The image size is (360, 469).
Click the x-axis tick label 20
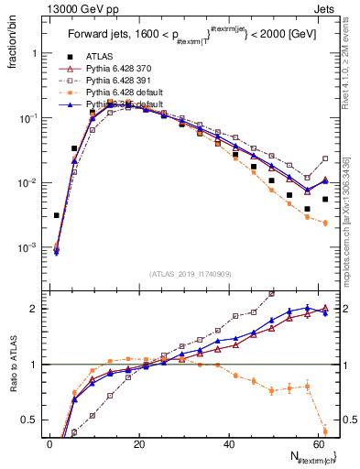pyautogui.click(x=138, y=445)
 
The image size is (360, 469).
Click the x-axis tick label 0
pyautogui.click(x=49, y=445)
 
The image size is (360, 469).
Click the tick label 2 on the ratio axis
pyautogui.click(x=36, y=309)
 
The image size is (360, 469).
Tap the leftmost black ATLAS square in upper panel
pyautogui.click(x=57, y=215)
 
